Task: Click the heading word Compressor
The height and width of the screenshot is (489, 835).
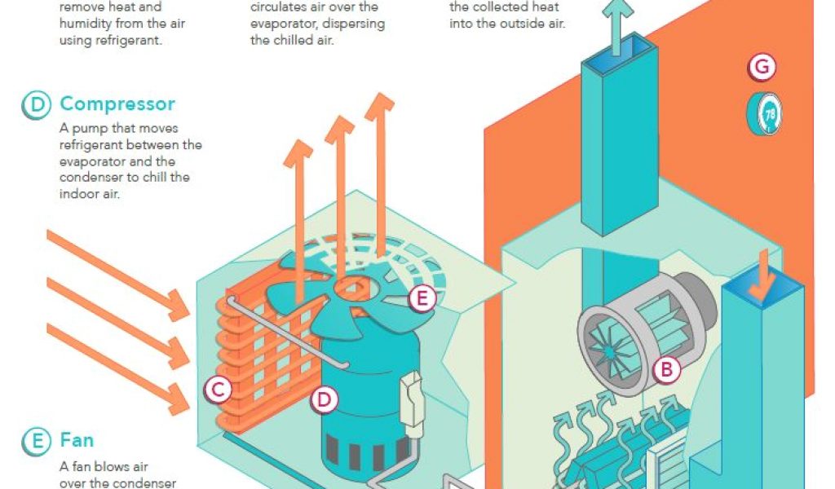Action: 117,104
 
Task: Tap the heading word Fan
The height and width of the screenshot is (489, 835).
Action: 77,441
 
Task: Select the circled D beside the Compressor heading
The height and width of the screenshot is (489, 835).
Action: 36,105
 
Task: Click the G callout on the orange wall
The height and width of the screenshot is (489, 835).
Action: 762,67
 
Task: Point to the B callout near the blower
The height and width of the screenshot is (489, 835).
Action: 666,370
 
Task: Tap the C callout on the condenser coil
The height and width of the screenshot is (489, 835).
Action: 218,390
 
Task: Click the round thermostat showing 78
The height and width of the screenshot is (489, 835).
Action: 764,113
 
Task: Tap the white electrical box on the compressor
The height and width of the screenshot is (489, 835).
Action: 413,399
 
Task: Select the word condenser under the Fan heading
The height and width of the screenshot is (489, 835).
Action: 148,483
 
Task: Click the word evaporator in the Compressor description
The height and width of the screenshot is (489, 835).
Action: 92,161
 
